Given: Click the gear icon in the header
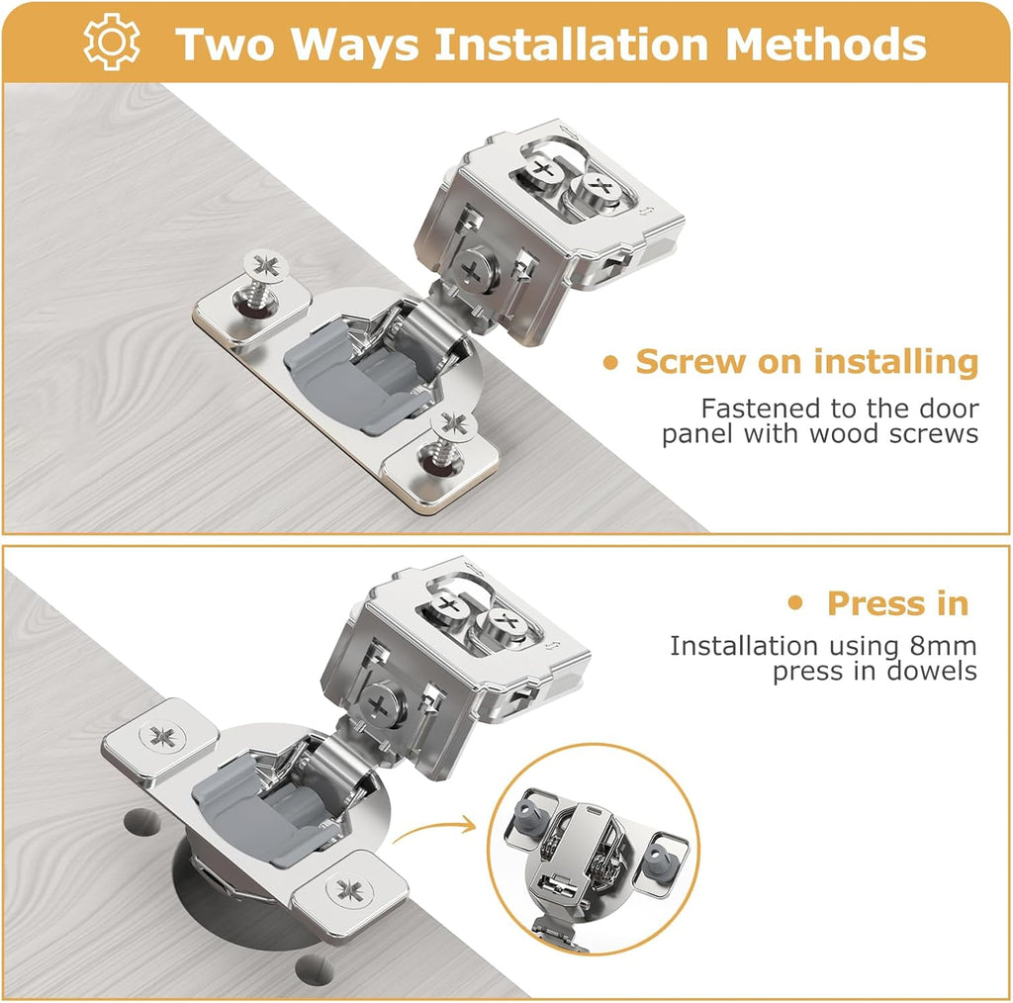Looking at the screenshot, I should (x=112, y=43).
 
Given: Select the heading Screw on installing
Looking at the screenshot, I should (x=806, y=362).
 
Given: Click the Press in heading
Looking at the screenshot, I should (x=897, y=603).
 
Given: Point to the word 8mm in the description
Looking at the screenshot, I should (x=942, y=646).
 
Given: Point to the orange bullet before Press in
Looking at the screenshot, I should (x=794, y=603).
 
